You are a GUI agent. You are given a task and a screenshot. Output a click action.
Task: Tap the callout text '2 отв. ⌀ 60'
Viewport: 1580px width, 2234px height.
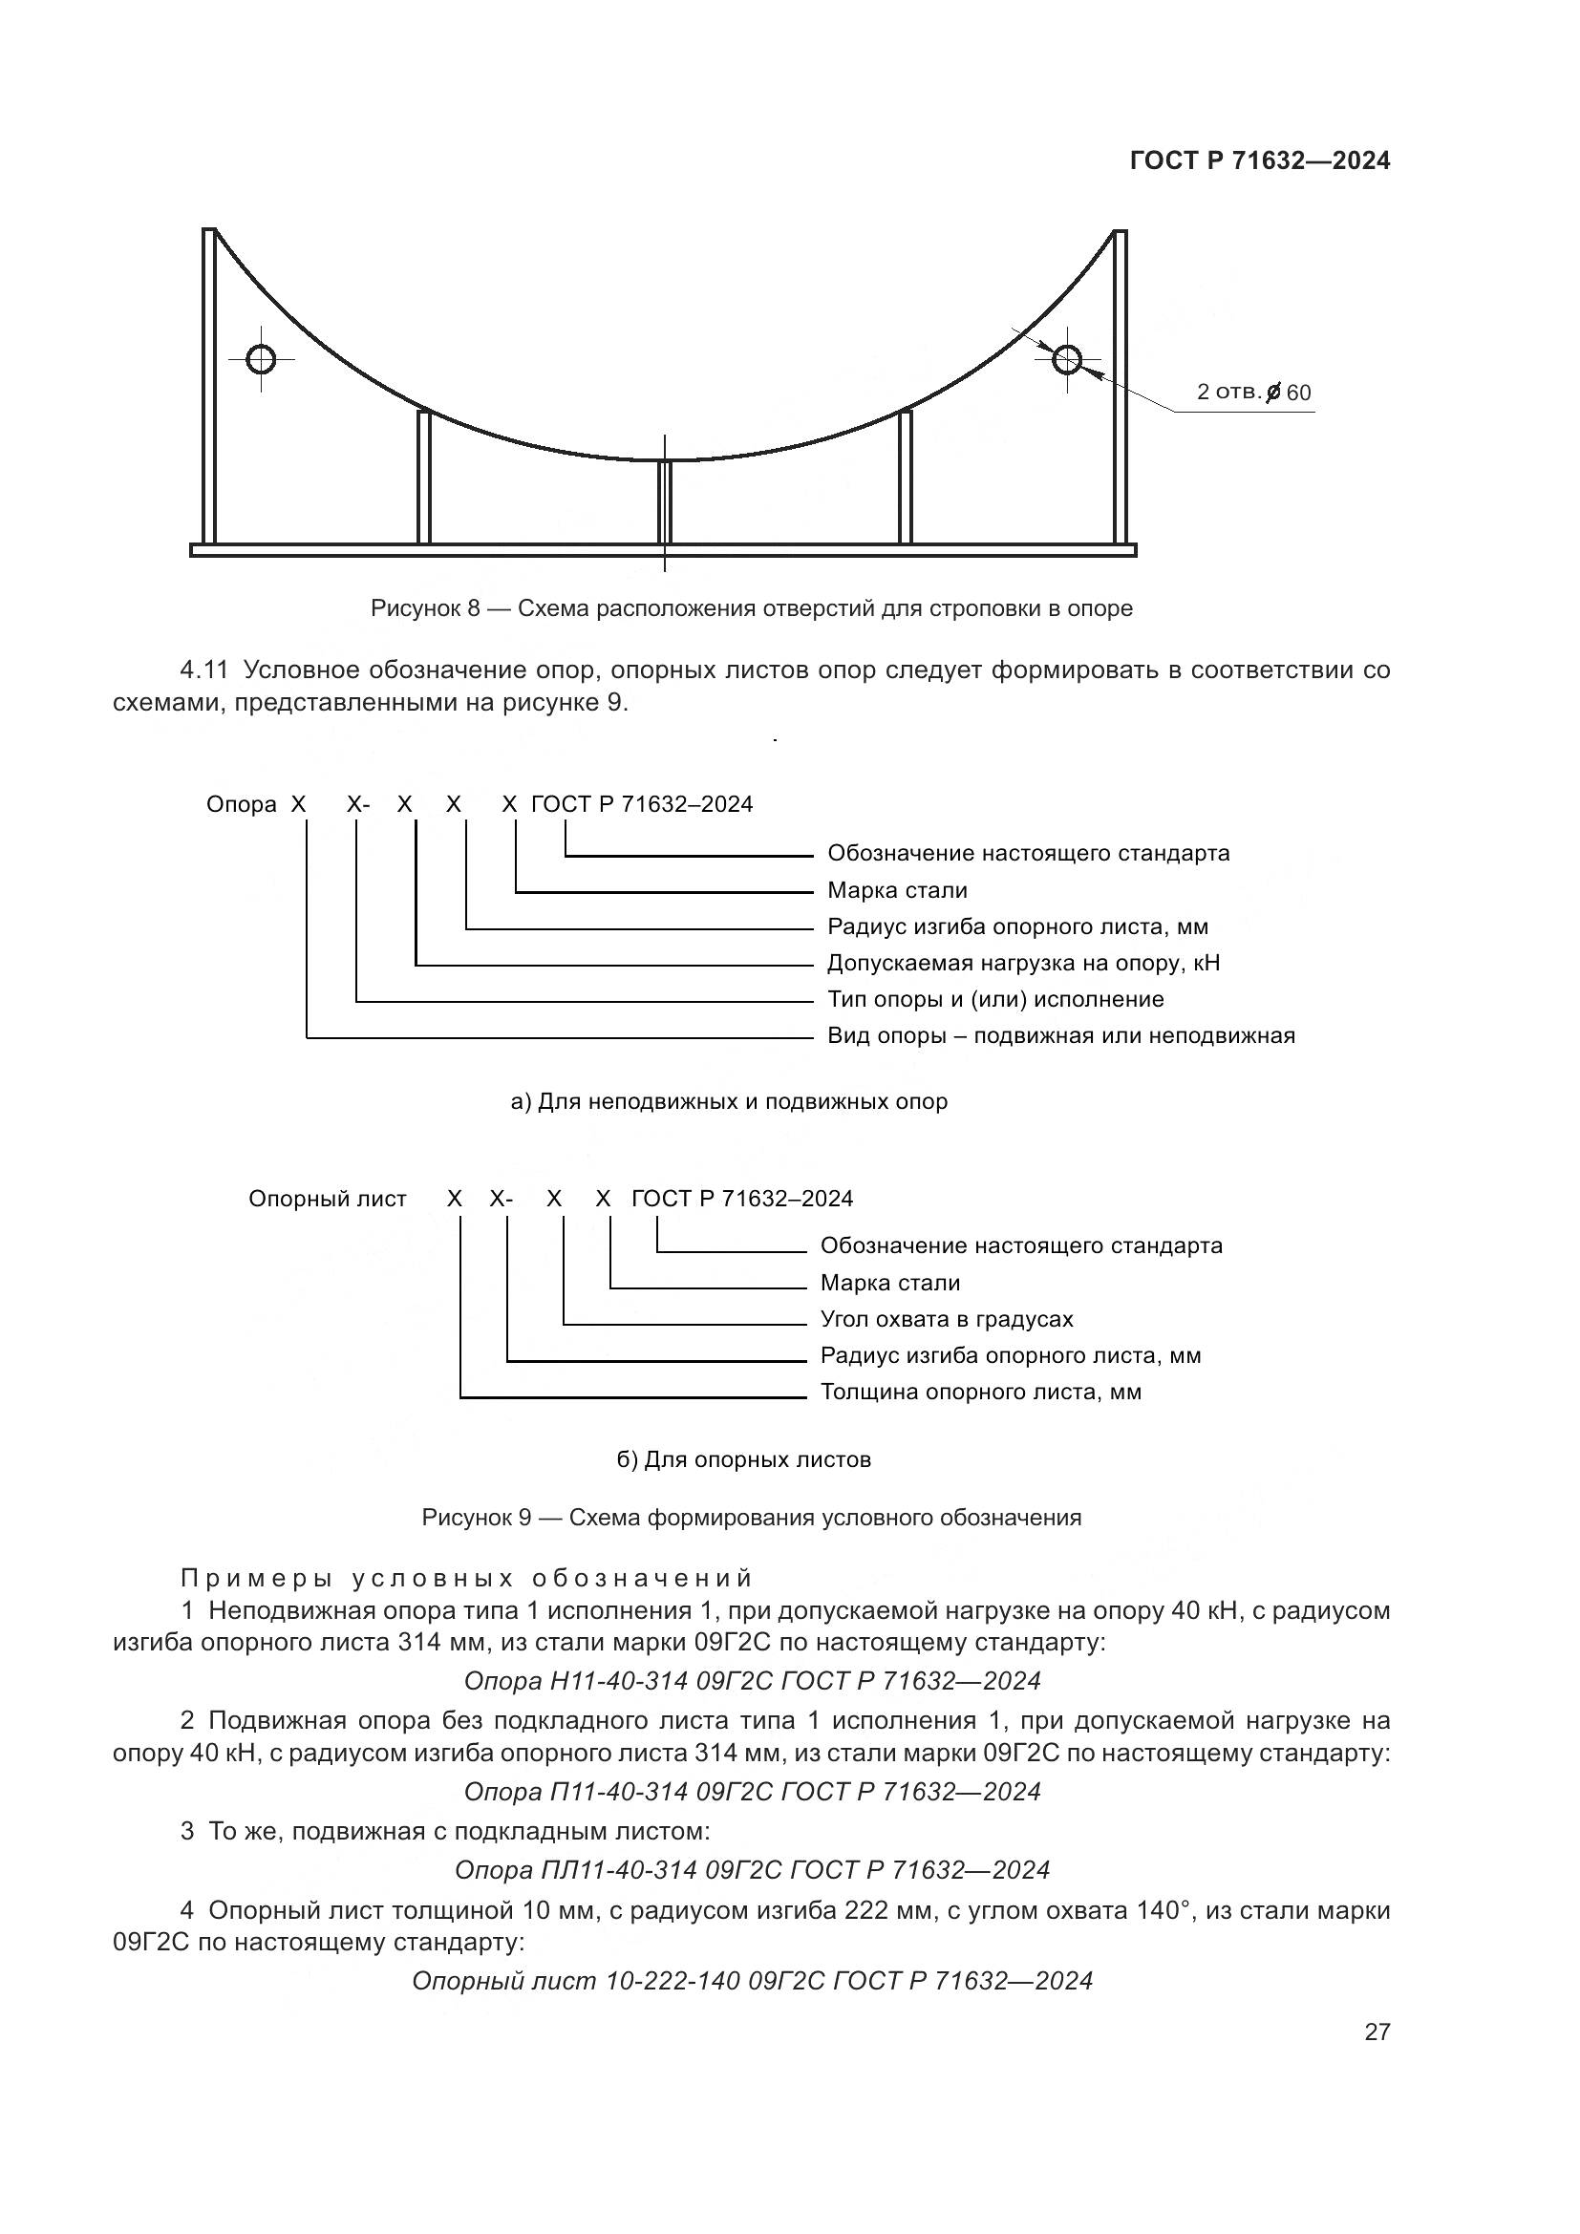[1253, 393]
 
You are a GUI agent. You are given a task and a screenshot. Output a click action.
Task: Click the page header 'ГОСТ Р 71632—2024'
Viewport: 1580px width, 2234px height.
[1260, 161]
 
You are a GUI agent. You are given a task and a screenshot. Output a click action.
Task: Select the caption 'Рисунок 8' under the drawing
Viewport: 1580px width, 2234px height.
[425, 608]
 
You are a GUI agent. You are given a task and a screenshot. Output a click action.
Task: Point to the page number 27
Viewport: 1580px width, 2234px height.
[1377, 2032]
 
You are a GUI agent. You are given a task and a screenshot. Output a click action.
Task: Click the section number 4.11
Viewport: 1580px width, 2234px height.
[203, 670]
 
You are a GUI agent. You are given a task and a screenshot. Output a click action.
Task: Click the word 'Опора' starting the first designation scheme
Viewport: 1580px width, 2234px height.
[242, 804]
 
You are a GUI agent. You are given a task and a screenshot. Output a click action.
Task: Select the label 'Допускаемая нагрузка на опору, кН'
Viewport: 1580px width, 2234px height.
[1023, 963]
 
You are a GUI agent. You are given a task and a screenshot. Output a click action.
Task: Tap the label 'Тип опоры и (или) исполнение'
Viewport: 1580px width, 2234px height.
[995, 999]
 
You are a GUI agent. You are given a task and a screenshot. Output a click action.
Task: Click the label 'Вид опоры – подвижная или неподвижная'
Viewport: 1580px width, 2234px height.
[1061, 1035]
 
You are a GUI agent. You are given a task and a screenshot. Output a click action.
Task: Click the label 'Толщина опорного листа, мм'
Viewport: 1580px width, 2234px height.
[981, 1392]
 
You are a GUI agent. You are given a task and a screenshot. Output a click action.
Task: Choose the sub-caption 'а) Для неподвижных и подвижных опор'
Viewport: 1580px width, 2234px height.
[729, 1101]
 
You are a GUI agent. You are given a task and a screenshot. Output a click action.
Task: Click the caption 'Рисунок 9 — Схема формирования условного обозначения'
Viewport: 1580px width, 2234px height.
[751, 1518]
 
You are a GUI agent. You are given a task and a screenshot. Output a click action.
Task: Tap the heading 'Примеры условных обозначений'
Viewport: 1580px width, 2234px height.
[467, 1577]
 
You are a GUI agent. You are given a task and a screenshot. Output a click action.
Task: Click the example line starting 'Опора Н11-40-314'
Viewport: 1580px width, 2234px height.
[752, 1680]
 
